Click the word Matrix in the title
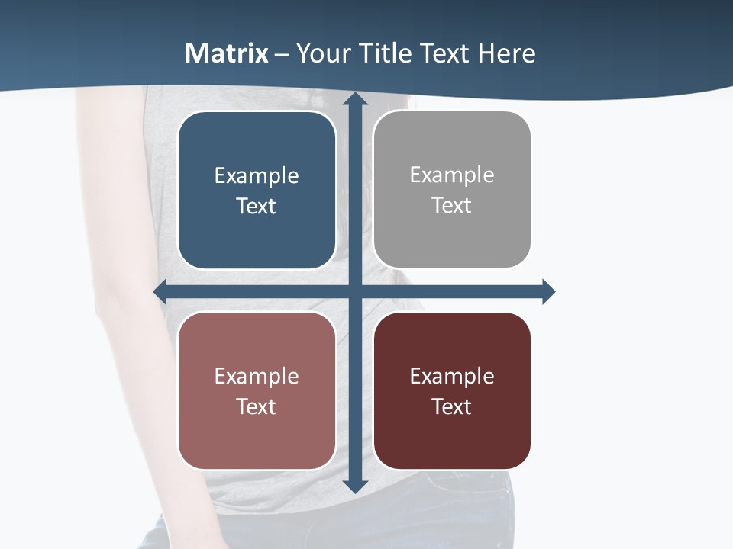click(x=227, y=53)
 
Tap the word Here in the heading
click(x=506, y=53)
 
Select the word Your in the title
click(x=320, y=53)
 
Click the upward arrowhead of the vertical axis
click(x=355, y=99)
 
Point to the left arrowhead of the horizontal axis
click(x=160, y=291)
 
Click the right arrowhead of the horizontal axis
click(x=548, y=291)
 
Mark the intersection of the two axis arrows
click(x=355, y=291)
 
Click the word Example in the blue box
click(x=257, y=176)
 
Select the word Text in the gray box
click(x=452, y=206)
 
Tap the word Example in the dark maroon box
click(x=452, y=377)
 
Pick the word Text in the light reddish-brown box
click(x=257, y=407)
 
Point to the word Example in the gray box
click(x=452, y=175)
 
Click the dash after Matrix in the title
click(x=283, y=54)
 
